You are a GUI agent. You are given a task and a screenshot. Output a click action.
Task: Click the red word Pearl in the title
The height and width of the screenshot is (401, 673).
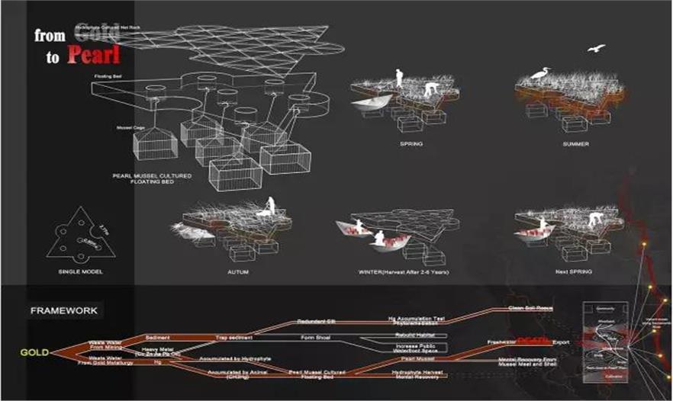(92, 56)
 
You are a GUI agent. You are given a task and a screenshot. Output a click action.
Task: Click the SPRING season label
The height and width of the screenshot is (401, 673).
(411, 143)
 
